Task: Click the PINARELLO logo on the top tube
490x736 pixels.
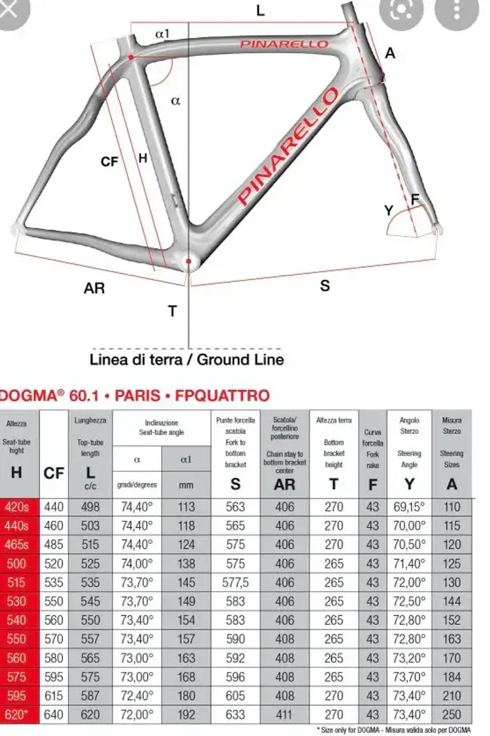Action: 284,44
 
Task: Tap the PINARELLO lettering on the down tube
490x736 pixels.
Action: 288,147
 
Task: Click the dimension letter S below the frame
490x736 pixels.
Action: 325,286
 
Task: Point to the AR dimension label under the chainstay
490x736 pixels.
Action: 94,288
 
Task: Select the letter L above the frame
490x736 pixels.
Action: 260,11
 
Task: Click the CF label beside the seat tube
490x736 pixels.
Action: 109,162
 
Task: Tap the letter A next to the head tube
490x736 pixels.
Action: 390,53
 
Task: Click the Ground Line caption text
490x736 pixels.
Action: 186,360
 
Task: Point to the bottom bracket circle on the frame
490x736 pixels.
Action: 188,261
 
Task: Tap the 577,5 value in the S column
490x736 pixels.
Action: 235,583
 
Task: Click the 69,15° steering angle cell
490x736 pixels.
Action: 409,507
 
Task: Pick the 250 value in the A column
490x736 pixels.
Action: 452,714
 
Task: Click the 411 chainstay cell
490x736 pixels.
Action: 284,714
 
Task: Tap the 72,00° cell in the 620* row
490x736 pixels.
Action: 137,714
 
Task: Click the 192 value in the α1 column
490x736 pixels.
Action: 186,714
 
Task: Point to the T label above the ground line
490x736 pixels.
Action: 172,311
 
